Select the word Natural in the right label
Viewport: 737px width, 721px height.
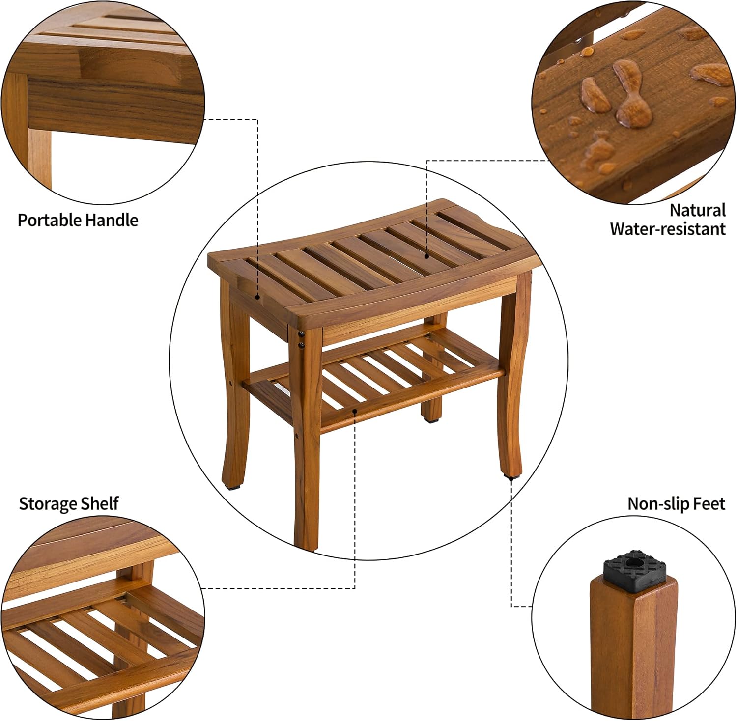(698, 210)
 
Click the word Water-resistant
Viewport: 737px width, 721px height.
(668, 229)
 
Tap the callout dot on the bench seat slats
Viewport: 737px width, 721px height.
(426, 256)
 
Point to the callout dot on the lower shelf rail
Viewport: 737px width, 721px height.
(355, 410)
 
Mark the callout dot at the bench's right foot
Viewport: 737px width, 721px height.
(511, 478)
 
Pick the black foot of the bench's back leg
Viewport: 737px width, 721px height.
(432, 420)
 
